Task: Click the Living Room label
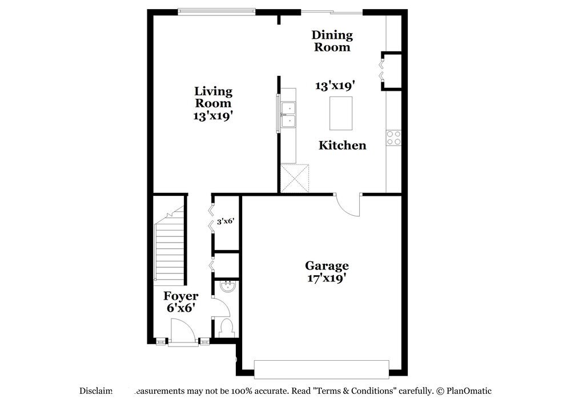(x=213, y=103)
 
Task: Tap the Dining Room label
(x=332, y=41)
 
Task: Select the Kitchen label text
(x=342, y=146)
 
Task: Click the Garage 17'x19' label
(x=326, y=272)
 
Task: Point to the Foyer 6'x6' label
(x=180, y=301)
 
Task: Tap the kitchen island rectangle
(x=340, y=114)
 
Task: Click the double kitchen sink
(x=288, y=114)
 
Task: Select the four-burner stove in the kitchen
(x=393, y=138)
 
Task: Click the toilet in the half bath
(x=226, y=327)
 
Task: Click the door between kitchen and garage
(x=348, y=204)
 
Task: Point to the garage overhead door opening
(x=321, y=369)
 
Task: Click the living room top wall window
(x=215, y=11)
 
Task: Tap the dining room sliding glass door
(x=332, y=11)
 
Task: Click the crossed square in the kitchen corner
(x=295, y=178)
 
